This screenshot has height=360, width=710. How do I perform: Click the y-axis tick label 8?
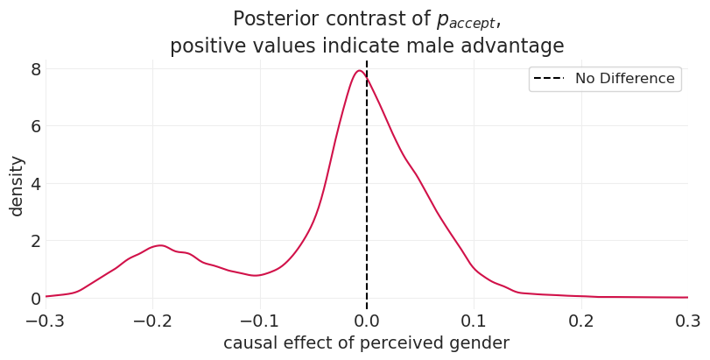pos(35,69)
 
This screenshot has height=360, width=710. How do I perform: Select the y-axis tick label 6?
pos(35,126)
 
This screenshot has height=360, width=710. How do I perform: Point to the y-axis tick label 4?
pos(35,184)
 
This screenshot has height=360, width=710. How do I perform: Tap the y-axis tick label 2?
pos(35,241)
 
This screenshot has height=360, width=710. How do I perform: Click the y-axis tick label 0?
pos(35,299)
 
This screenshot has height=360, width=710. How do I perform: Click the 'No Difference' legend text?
pos(624,79)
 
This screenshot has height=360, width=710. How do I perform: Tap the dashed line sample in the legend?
pos(550,79)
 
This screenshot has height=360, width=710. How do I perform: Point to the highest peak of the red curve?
pos(359,71)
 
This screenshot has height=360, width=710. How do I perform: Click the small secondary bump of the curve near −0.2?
pos(159,245)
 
